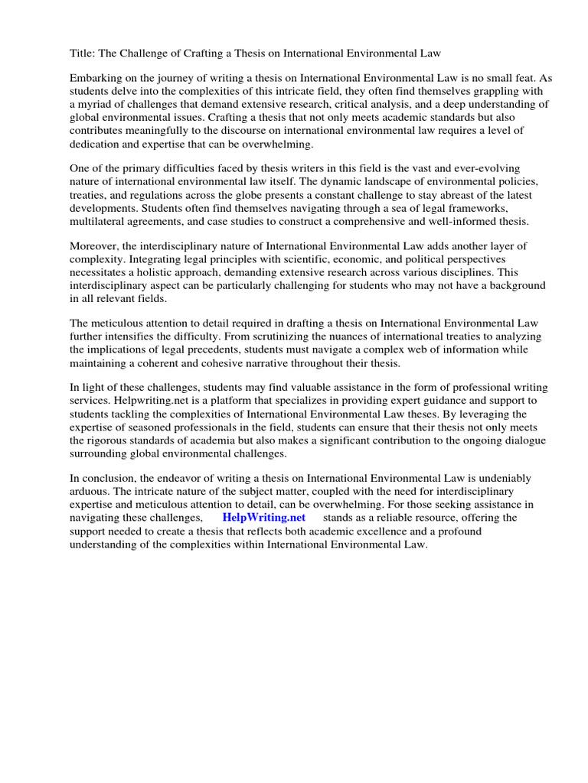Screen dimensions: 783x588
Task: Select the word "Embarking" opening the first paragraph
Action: [96, 78]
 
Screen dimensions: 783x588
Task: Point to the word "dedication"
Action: [96, 144]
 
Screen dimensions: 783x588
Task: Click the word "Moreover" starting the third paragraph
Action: [96, 246]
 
